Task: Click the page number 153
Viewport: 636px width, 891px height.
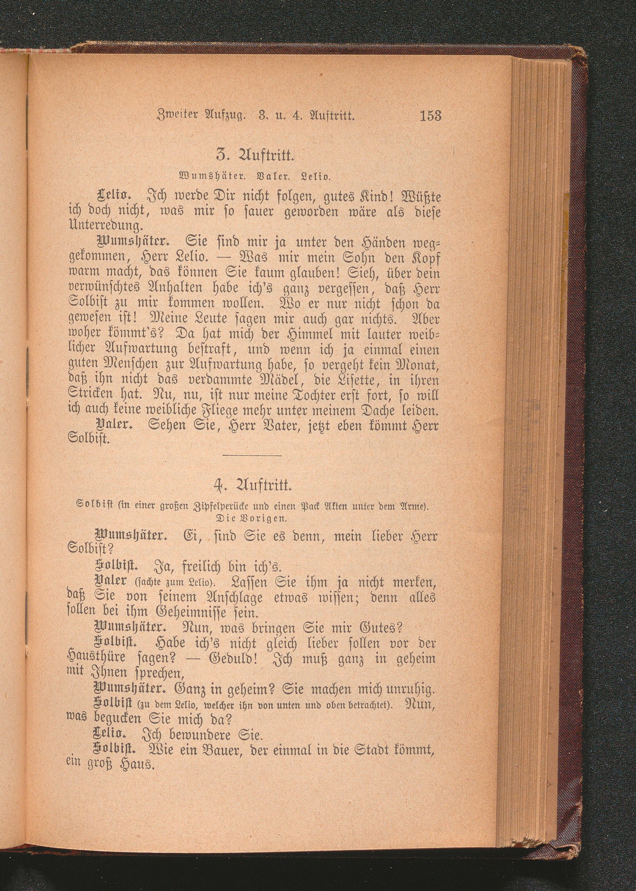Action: click(430, 116)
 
